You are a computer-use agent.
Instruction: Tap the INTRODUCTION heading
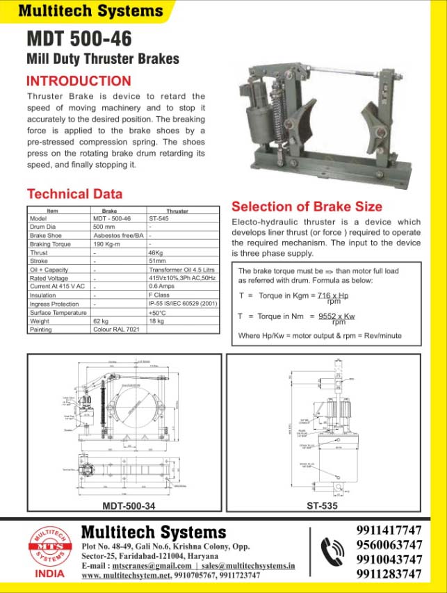click(x=78, y=81)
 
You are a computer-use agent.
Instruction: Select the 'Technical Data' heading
click(x=74, y=194)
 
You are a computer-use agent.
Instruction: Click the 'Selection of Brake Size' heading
click(x=307, y=206)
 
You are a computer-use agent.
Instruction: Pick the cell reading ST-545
click(x=159, y=218)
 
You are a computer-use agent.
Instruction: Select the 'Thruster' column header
click(x=177, y=211)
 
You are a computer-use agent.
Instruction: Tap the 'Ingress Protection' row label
click(x=54, y=304)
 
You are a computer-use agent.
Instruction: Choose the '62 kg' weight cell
click(x=102, y=321)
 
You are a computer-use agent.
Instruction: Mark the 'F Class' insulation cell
click(x=160, y=295)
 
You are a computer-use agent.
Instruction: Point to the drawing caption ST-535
click(x=322, y=506)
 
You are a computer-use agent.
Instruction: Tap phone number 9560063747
click(x=389, y=544)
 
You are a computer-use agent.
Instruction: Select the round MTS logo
click(x=48, y=548)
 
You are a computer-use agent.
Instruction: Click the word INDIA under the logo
click(x=49, y=574)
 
